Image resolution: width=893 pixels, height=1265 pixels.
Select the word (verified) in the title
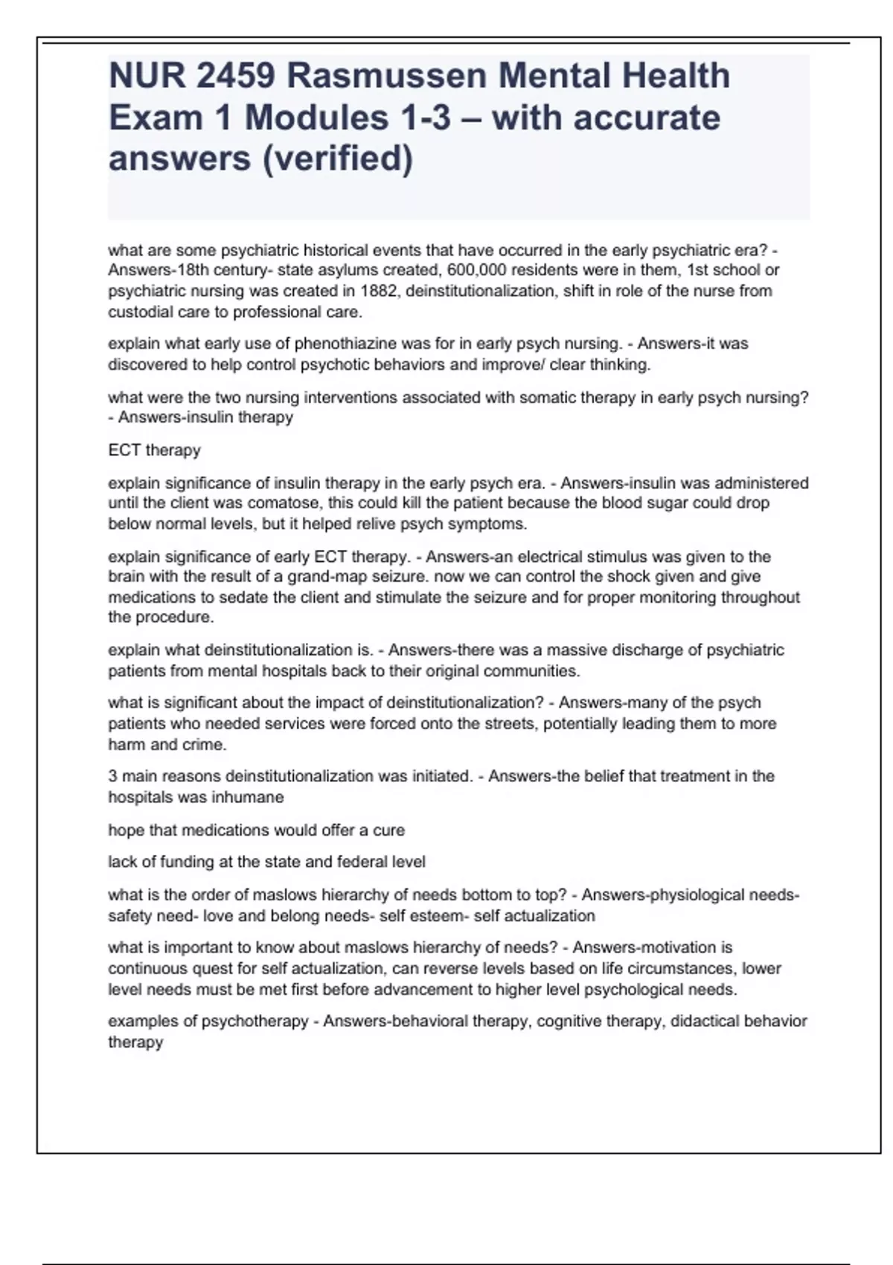coord(336,158)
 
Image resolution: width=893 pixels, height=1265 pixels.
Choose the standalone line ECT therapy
coord(154,450)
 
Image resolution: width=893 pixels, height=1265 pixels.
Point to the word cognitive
coord(569,1021)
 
